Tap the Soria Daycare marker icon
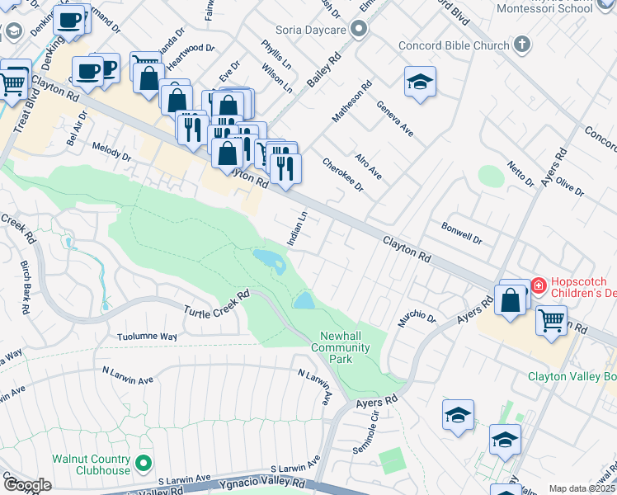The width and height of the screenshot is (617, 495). coord(358,31)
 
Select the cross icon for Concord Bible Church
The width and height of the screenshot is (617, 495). coord(521,45)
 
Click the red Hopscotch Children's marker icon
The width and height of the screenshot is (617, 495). coord(539,285)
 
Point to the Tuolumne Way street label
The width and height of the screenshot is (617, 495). coord(148,337)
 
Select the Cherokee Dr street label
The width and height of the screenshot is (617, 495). coord(343,175)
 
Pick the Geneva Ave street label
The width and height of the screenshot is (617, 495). coord(394,118)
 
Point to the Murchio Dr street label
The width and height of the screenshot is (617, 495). coord(417,318)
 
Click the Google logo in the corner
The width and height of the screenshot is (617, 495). coord(26,485)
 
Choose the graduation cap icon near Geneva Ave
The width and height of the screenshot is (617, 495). coord(420,82)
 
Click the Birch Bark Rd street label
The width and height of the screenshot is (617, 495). coord(25,288)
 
